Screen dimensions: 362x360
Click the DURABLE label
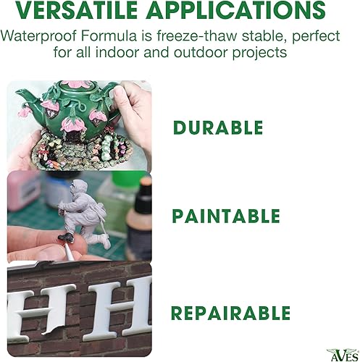click(x=218, y=128)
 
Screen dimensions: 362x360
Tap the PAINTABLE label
click(x=225, y=216)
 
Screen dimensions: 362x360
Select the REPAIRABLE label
click(x=230, y=313)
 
